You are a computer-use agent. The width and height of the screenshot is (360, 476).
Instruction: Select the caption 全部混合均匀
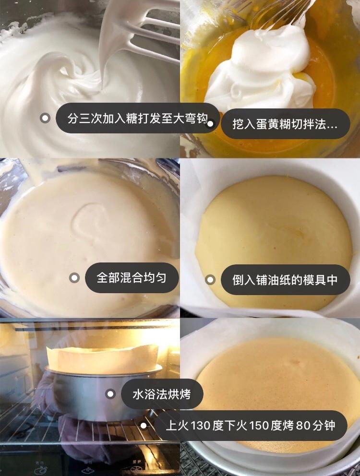tap(131, 278)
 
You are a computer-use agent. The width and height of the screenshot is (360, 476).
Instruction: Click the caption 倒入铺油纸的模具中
tap(285, 280)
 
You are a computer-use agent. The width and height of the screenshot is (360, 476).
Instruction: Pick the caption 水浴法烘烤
tap(162, 394)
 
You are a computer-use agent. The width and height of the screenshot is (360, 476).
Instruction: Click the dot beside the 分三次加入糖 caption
tap(45, 118)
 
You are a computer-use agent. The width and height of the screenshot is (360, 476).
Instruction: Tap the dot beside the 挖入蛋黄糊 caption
tap(210, 124)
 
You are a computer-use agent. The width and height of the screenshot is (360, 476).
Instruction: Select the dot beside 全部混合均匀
tap(74, 278)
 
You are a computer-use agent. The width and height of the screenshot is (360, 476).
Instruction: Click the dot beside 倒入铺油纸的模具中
tap(210, 280)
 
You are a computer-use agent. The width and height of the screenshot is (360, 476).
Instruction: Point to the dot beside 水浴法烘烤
tap(110, 394)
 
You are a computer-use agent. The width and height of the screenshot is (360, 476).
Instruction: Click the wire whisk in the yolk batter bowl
tap(283, 12)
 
